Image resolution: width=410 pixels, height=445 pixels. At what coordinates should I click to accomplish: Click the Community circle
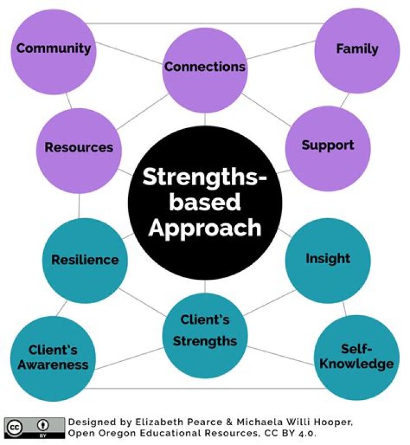coord(53,50)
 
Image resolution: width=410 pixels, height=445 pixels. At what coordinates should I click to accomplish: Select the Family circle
coord(356,50)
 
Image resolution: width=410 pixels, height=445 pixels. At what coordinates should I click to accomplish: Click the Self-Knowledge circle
coord(356,357)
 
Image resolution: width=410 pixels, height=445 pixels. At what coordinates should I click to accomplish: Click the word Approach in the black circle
coord(204,228)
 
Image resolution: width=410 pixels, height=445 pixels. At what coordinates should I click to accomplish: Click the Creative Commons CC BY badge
coord(34,426)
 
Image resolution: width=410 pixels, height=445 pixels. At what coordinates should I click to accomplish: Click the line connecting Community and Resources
coord(68,101)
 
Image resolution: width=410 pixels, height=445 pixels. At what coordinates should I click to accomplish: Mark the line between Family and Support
coord(343,101)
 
